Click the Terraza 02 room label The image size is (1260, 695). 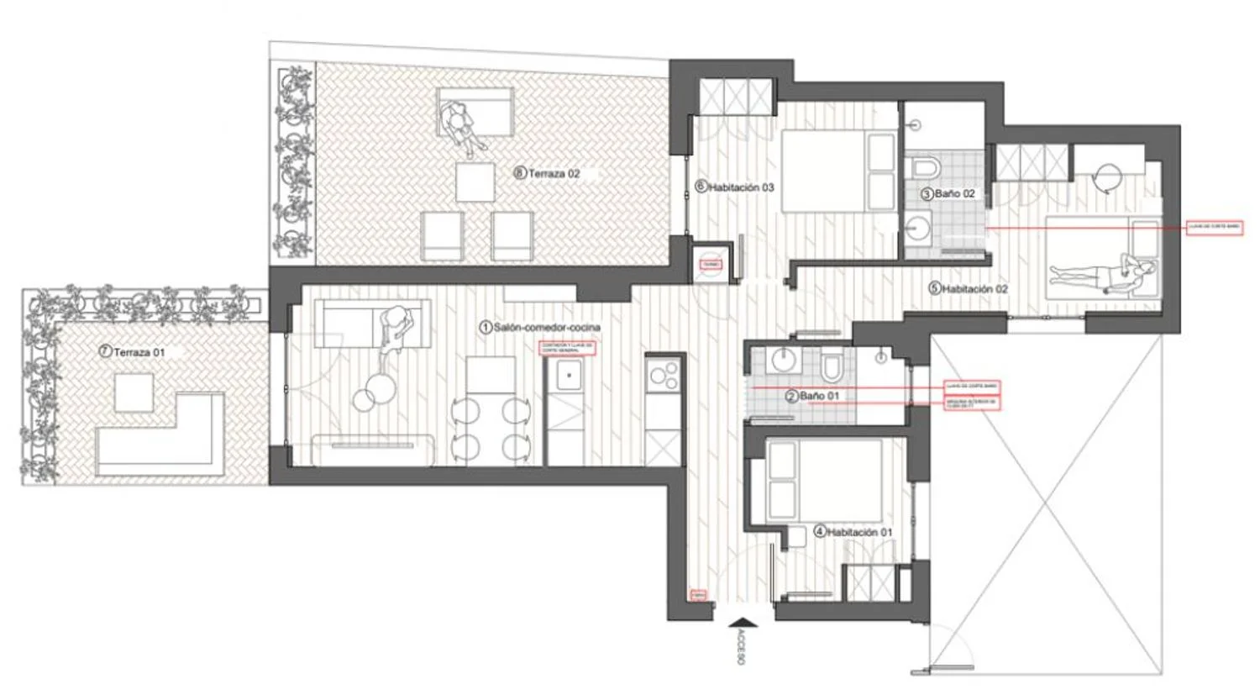coord(554,174)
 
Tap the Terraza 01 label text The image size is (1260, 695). coord(139,352)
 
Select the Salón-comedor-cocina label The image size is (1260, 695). coord(547,327)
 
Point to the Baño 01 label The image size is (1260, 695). coord(819,396)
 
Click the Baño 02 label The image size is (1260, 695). coord(954,194)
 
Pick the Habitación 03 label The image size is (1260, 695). coord(741,187)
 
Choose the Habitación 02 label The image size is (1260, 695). coord(974,288)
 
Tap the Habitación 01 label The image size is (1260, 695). coord(859,532)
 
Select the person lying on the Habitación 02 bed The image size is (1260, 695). coord(1100,272)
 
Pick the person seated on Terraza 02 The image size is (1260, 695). coord(460,125)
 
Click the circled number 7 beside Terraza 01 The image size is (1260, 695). coord(105,352)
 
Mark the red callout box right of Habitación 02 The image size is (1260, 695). coord(1214,227)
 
